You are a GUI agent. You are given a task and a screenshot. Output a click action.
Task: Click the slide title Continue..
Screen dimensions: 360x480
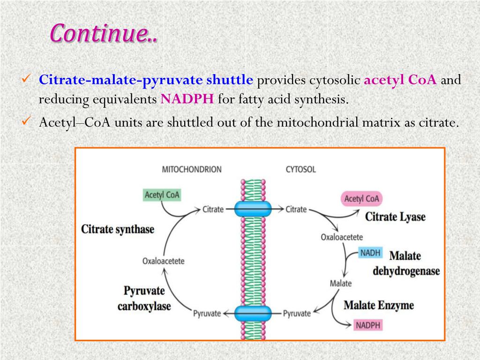click(104, 33)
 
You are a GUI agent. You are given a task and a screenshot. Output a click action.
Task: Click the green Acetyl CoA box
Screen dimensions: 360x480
click(162, 195)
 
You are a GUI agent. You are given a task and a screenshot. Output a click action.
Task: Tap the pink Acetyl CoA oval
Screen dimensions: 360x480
click(361, 199)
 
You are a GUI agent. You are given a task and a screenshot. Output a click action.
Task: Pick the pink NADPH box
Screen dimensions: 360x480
click(368, 325)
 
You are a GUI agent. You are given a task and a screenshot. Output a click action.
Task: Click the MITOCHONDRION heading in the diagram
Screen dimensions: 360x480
click(191, 169)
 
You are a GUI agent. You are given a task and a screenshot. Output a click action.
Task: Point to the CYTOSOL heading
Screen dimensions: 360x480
click(300, 169)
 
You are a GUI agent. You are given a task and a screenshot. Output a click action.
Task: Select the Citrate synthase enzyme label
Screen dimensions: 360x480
click(118, 229)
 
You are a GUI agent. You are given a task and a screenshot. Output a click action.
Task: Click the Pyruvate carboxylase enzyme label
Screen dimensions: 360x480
click(144, 299)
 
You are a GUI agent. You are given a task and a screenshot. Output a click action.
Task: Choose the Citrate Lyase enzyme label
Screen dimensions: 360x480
click(395, 217)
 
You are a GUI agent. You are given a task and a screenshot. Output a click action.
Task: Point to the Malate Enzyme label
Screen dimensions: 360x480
click(379, 305)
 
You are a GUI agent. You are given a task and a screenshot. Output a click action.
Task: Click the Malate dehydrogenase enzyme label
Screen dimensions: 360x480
click(406, 263)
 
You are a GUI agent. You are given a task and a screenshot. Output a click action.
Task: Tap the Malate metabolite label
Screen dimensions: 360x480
click(341, 283)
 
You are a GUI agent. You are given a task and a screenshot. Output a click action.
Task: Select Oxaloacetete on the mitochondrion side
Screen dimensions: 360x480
click(164, 261)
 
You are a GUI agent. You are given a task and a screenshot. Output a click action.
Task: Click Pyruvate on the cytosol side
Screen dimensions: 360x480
click(297, 313)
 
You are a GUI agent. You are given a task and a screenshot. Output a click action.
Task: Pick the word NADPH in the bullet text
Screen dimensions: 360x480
click(187, 99)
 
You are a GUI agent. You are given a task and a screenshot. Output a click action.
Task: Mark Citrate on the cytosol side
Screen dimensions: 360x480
click(296, 209)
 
